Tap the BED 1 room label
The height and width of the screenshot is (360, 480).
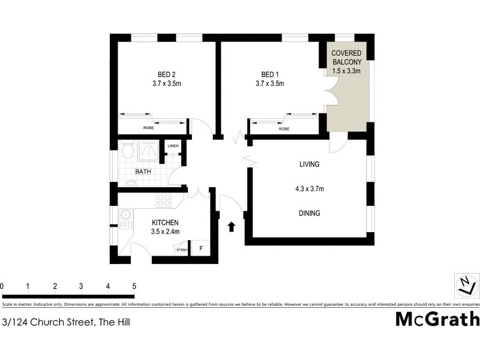tap(269, 75)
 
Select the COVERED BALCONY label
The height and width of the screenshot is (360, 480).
tap(347, 58)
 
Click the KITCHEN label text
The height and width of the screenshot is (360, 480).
tap(165, 223)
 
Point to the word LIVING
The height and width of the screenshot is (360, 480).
tap(310, 164)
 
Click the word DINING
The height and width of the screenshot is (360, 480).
tap(310, 213)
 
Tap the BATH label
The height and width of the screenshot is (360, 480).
tap(143, 172)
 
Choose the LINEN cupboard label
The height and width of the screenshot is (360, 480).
tap(173, 146)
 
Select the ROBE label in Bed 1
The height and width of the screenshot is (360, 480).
tap(284, 128)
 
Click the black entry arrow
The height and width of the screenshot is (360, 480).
tap(232, 226)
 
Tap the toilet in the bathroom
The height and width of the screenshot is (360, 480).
tap(126, 151)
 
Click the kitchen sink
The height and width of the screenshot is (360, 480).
tap(125, 215)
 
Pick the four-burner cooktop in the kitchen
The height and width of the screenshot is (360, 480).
tap(164, 200)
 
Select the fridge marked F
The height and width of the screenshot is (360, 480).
tap(201, 248)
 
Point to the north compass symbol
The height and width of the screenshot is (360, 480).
tap(465, 284)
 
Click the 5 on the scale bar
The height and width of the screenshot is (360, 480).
tap(134, 286)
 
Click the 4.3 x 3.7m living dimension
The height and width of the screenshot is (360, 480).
tap(310, 189)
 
